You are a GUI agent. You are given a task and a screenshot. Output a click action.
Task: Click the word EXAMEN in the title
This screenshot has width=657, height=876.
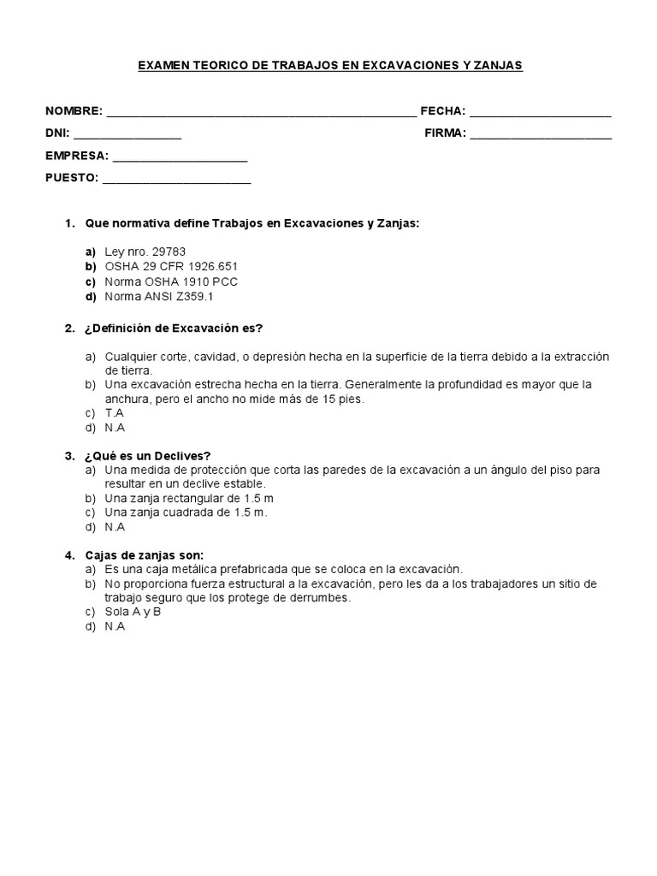point(164,66)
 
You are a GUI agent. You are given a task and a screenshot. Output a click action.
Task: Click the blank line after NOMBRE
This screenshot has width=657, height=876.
point(261,114)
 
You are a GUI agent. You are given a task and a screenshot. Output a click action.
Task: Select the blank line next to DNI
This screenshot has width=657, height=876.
point(127,135)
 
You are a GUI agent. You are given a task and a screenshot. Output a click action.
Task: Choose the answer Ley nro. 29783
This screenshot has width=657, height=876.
point(145,252)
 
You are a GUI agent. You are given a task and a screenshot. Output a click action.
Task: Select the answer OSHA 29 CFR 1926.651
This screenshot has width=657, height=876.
point(170,266)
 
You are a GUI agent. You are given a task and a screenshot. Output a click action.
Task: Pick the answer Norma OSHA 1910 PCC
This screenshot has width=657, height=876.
point(170,281)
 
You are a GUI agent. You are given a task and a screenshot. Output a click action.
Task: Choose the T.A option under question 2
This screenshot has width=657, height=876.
point(115,413)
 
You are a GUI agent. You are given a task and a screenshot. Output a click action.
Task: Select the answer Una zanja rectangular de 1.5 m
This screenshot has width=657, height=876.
point(189,498)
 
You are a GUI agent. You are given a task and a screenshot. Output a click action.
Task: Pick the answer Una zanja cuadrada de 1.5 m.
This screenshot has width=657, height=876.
point(186,512)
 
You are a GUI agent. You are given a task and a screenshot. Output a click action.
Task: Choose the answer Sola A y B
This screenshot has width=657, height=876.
point(133,612)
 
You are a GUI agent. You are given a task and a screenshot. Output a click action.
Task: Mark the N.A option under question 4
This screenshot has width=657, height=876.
point(115,626)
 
